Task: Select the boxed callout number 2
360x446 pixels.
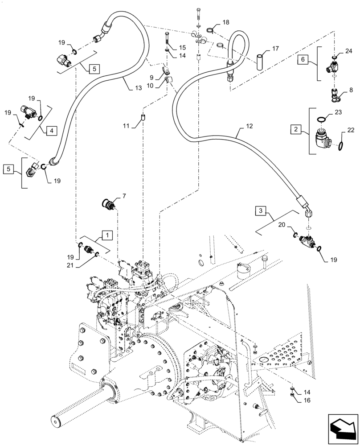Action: (295, 130)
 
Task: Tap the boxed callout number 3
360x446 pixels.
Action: (262, 210)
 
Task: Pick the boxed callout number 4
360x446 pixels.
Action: (51, 131)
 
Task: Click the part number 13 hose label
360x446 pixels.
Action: (138, 89)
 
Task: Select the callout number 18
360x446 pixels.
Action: (226, 22)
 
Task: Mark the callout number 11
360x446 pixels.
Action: (126, 126)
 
